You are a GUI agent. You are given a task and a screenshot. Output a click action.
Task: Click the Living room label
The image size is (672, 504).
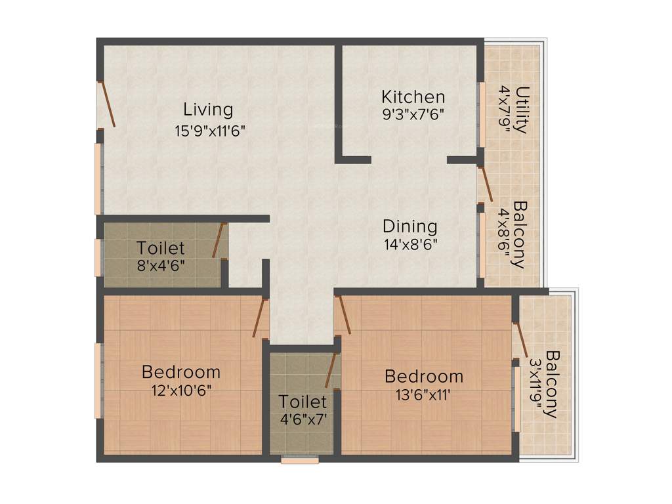coord(207,109)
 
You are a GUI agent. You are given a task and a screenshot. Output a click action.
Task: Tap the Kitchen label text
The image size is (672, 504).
coord(413,97)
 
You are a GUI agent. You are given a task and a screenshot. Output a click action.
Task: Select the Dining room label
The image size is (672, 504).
coord(410,226)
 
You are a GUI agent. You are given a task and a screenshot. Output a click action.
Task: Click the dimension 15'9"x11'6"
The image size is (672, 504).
coord(209,130)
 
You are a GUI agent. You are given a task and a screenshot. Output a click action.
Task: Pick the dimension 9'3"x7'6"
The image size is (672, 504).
coord(413,114)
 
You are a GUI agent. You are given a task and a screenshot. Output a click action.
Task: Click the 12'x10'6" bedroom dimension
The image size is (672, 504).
coord(181,389)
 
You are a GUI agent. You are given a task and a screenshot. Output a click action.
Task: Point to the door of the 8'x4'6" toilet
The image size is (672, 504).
coord(219,240)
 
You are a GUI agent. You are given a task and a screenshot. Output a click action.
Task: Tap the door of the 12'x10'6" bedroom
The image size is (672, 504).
coord(260,318)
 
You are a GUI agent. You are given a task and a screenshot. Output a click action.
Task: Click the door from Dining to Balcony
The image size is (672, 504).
coord(486,184)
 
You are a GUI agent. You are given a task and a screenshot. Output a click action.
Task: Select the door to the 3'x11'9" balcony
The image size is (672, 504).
coord(521,342)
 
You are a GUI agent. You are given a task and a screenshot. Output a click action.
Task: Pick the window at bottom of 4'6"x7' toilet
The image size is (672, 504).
coord(300,461)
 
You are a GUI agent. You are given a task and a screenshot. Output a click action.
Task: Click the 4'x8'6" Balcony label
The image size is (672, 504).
coord(520,234)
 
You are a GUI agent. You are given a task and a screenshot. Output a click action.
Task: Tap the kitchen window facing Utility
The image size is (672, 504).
coord(481,115)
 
